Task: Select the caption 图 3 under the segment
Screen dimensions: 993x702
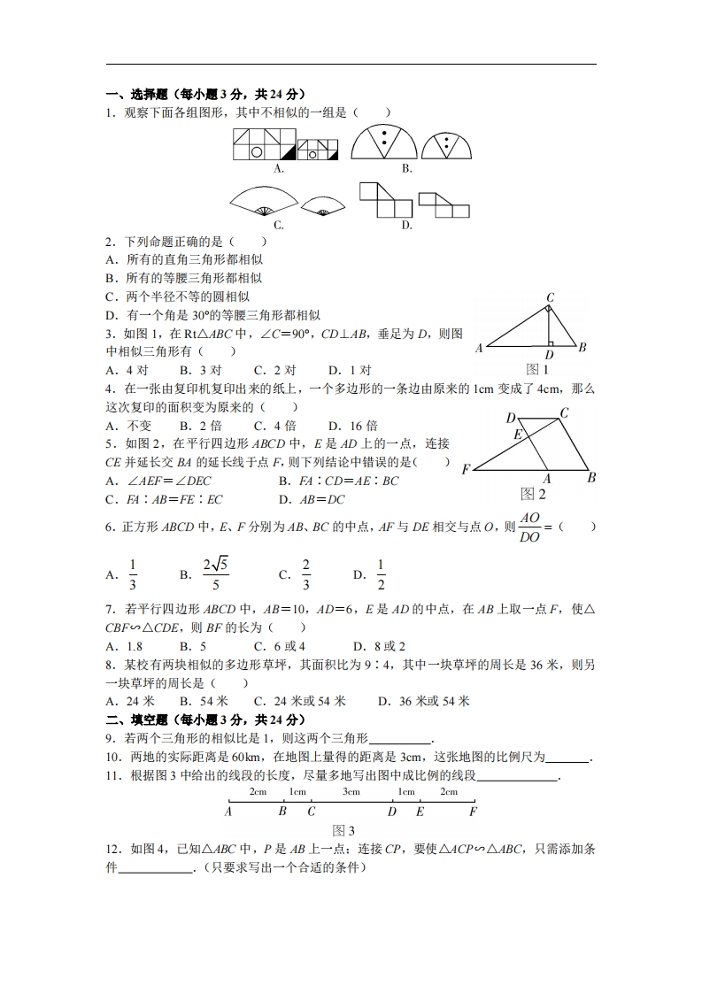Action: click(x=343, y=830)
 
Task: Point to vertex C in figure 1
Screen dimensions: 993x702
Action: click(x=550, y=298)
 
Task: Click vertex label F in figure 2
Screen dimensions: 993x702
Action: click(x=466, y=469)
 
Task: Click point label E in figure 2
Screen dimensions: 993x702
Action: click(x=519, y=435)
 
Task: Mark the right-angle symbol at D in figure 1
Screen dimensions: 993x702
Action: click(x=550, y=343)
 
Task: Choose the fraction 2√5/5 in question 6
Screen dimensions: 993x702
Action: click(x=216, y=574)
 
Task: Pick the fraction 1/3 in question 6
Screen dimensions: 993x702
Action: click(x=134, y=574)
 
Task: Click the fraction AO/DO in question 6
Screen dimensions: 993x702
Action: click(x=529, y=527)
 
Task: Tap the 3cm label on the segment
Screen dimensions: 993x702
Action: click(x=351, y=792)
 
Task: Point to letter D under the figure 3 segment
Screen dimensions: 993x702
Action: click(x=392, y=811)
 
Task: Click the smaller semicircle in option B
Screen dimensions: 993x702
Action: click(x=447, y=144)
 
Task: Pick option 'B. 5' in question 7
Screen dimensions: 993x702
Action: click(x=192, y=646)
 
